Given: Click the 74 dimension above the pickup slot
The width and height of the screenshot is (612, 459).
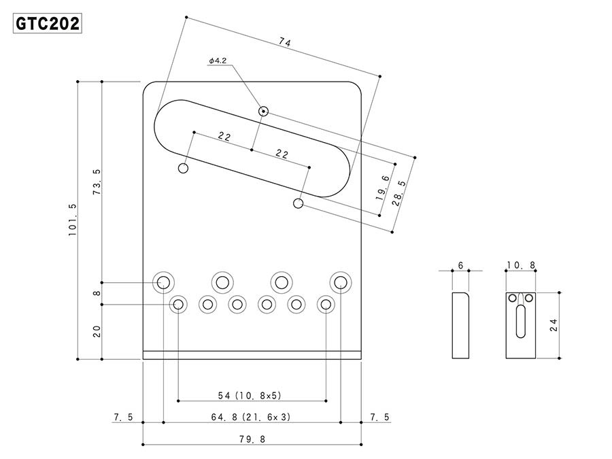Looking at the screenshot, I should pyautogui.click(x=284, y=43).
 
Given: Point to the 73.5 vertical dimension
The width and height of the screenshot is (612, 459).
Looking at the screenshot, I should pyautogui.click(x=97, y=182).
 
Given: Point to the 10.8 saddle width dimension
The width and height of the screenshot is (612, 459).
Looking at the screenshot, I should pyautogui.click(x=521, y=265).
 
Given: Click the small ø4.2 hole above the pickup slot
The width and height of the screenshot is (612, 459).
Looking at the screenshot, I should pyautogui.click(x=263, y=111).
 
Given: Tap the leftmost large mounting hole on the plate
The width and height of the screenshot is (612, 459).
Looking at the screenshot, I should pyautogui.click(x=164, y=282).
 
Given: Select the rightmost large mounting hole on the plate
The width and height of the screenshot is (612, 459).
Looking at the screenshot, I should pyautogui.click(x=340, y=281).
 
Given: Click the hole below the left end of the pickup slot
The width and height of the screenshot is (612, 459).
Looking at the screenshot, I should pyautogui.click(x=184, y=169).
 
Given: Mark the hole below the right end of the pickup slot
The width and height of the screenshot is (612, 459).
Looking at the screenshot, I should pyautogui.click(x=299, y=203).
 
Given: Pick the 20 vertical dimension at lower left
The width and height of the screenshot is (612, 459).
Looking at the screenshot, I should pyautogui.click(x=97, y=331).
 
